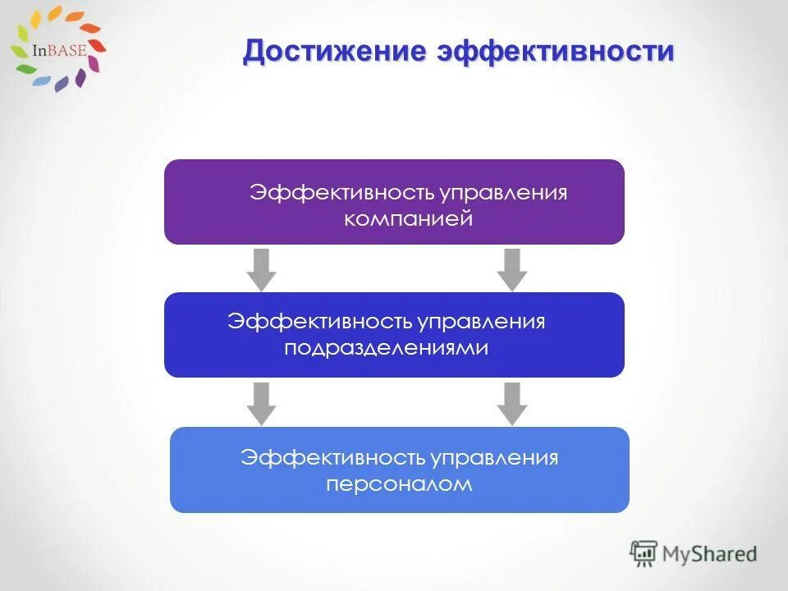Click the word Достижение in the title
tap(335, 51)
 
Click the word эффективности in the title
tap(555, 51)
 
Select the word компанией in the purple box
tap(408, 219)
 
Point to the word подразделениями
tap(386, 347)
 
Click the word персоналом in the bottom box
tap(399, 483)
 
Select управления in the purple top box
tap(502, 193)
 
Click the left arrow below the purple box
tap(262, 269)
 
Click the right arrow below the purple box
tap(512, 269)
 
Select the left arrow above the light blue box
tap(262, 403)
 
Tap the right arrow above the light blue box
tap(512, 403)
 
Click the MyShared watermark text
tap(711, 554)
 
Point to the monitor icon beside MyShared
tap(644, 553)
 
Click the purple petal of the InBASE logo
tap(80, 78)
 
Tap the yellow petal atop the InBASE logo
tap(54, 12)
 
